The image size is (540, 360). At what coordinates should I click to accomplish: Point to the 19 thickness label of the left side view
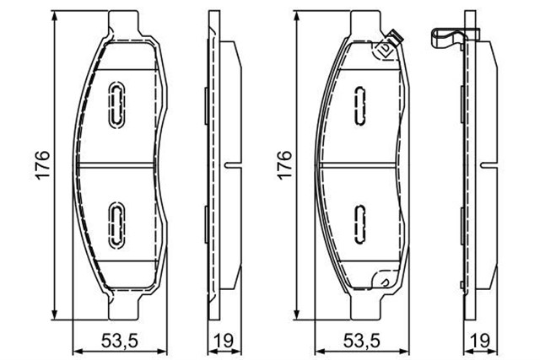tap(222, 341)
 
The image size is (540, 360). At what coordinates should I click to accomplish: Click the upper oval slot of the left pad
tap(115, 104)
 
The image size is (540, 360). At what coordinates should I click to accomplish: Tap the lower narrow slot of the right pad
tap(359, 221)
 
